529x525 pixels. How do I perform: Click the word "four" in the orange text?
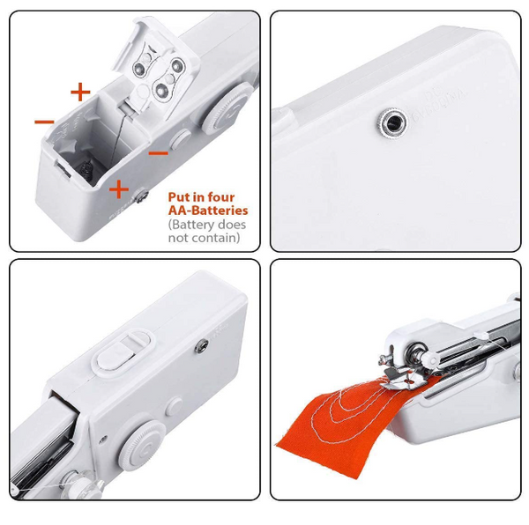tap(221, 196)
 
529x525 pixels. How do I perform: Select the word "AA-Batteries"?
tap(208, 211)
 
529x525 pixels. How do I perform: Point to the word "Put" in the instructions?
tap(178, 196)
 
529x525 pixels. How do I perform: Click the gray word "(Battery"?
tap(191, 225)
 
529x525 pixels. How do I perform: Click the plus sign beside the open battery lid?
tap(80, 92)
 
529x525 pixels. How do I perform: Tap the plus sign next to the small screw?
tap(119, 189)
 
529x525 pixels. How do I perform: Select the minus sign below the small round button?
tap(159, 153)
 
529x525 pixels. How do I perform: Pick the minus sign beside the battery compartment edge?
tap(44, 122)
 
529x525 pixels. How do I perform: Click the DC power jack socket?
tap(392, 122)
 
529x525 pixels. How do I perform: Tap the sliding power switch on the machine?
tap(124, 351)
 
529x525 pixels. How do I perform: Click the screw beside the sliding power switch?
tap(202, 346)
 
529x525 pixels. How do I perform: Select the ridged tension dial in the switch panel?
tap(142, 446)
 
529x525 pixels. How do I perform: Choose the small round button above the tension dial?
tap(175, 406)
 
